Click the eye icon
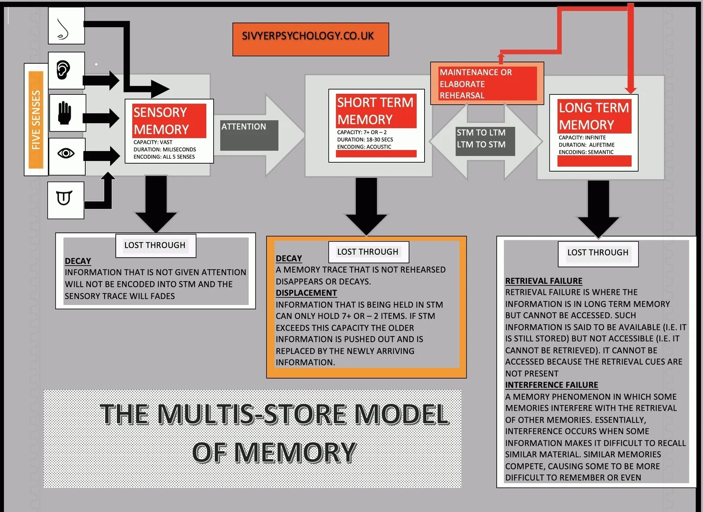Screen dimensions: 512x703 pyautogui.click(x=66, y=153)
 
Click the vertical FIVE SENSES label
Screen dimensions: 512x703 pyautogui.click(x=36, y=120)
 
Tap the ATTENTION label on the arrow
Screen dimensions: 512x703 pyautogui.click(x=244, y=127)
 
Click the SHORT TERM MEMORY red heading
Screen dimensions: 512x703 pyautogui.click(x=375, y=111)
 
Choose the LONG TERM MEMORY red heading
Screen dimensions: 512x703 pyautogui.click(x=594, y=116)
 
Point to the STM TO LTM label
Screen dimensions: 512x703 pyautogui.click(x=481, y=133)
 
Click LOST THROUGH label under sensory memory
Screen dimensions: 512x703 pyautogui.click(x=155, y=245)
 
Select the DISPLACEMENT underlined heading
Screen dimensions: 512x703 pyautogui.click(x=306, y=293)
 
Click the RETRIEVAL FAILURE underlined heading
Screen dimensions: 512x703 pyautogui.click(x=544, y=281)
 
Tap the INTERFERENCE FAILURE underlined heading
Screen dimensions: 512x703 pyautogui.click(x=552, y=385)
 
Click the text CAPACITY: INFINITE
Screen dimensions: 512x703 pyautogui.click(x=582, y=138)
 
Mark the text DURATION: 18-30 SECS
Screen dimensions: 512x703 pyautogui.click(x=365, y=139)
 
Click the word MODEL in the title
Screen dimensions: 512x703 pyautogui.click(x=402, y=414)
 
